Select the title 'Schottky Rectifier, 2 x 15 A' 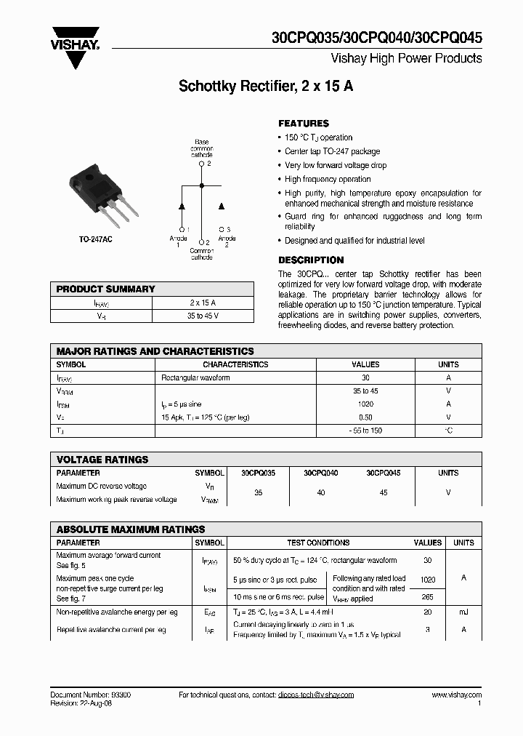click(266, 87)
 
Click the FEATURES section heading click(304, 124)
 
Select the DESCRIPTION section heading click(311, 260)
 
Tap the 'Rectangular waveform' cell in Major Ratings click(195, 378)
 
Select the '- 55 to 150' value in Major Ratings click(365, 431)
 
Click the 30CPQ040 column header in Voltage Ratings click(320, 473)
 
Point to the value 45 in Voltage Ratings click(384, 492)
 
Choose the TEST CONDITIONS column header click(318, 543)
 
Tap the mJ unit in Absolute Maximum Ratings click(463, 613)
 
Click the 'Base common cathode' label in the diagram click(202, 148)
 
